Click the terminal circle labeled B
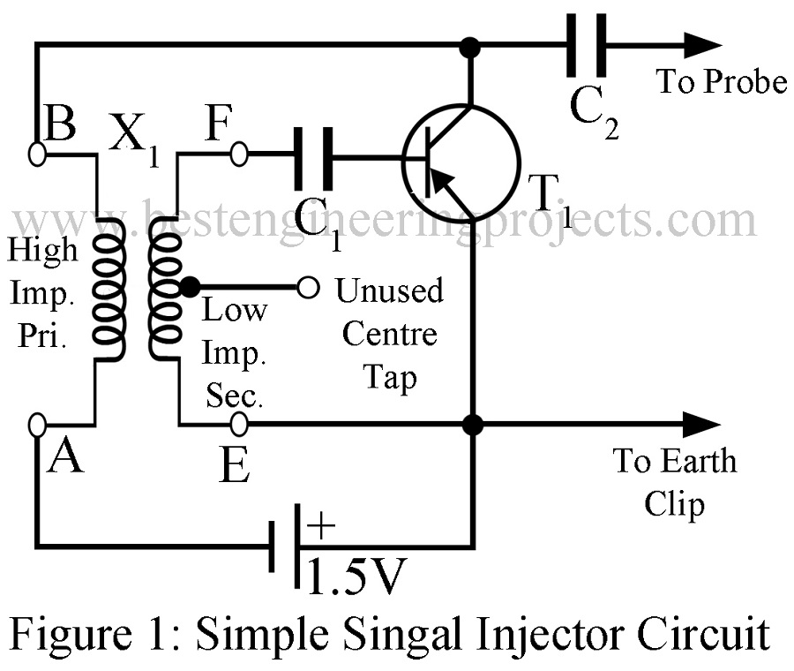tap(37, 154)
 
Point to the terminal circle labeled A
tap(37, 425)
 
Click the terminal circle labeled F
tap(237, 155)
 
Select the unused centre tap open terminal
tap(307, 287)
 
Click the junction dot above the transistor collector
tap(474, 43)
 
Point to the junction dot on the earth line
tap(474, 425)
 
